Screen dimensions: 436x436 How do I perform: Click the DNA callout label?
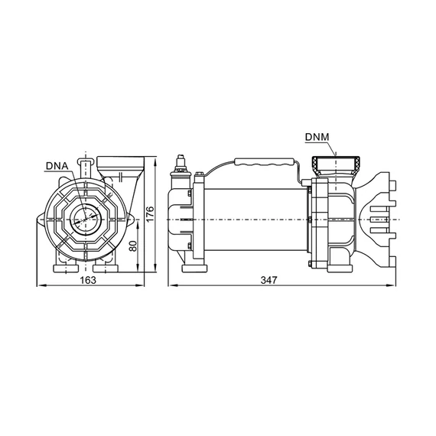point(57,166)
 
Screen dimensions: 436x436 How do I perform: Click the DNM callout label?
point(317,137)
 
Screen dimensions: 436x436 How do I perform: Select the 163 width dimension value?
point(88,280)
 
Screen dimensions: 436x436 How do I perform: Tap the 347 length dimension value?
point(269,280)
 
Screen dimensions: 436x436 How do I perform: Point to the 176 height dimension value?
point(150,214)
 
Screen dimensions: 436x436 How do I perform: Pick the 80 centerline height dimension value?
point(134,246)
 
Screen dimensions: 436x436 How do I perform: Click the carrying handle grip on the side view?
point(265,162)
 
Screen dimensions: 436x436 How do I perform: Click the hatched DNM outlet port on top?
point(336,166)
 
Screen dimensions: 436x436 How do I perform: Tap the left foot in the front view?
point(66,268)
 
